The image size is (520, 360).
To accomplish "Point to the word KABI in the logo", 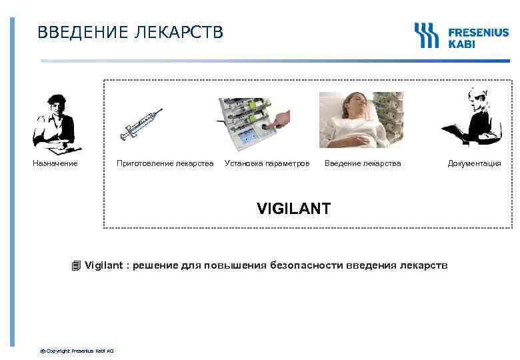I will [462, 43].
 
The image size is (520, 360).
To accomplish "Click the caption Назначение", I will [55, 163].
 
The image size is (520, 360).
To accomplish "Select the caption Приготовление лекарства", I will [165, 163].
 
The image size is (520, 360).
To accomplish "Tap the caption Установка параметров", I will [267, 163].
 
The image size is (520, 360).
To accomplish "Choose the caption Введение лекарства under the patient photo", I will [363, 163].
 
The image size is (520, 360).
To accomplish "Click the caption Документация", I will [474, 163].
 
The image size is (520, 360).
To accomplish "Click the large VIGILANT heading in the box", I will [293, 209].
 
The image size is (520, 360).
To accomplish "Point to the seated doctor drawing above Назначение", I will [56, 123].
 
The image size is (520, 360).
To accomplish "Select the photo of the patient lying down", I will [361, 119].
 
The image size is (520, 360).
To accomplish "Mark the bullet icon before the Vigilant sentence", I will [76, 266].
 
